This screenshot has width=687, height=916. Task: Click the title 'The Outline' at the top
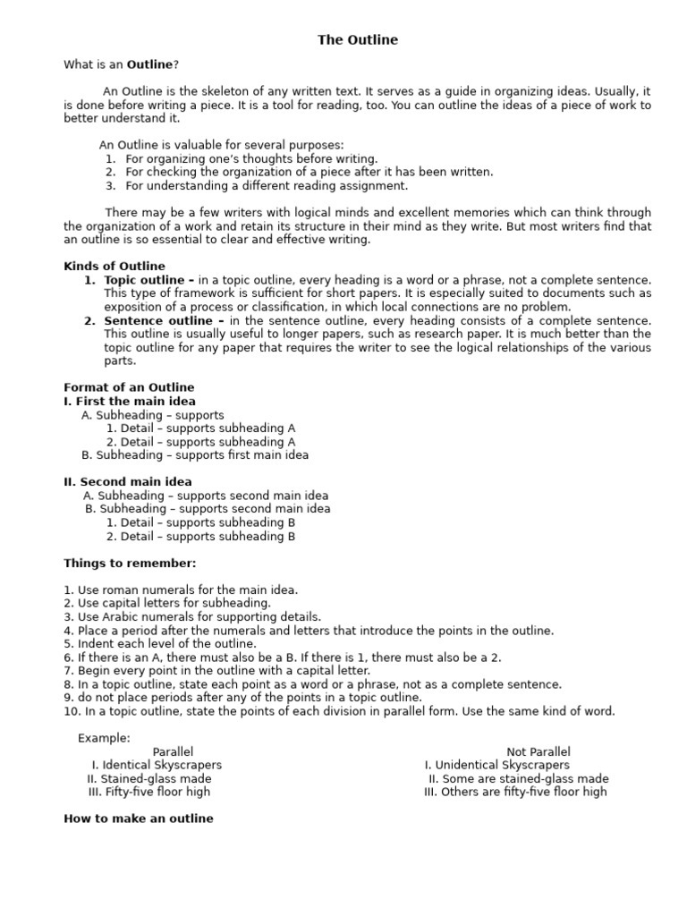358,40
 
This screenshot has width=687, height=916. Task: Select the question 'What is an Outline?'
121,64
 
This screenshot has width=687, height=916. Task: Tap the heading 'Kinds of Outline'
114,266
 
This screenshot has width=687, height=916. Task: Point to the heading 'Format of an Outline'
129,387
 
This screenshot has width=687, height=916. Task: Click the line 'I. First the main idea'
130,402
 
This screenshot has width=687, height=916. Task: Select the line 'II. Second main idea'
128,481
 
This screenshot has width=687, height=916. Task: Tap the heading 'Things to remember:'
130,563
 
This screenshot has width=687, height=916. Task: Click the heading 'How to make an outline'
139,818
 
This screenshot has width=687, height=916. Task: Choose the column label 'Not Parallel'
538,751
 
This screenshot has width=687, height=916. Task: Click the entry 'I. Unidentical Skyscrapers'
496,765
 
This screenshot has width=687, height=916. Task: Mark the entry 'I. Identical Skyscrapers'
157,765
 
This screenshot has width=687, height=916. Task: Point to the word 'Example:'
104,738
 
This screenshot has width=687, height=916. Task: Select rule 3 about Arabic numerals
192,616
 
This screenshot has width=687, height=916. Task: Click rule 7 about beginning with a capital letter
216,670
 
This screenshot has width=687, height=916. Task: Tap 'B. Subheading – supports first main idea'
195,454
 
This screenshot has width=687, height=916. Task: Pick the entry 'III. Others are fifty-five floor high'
515,792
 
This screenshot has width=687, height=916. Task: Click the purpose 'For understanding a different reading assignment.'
266,186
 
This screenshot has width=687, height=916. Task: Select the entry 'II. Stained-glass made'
149,778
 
